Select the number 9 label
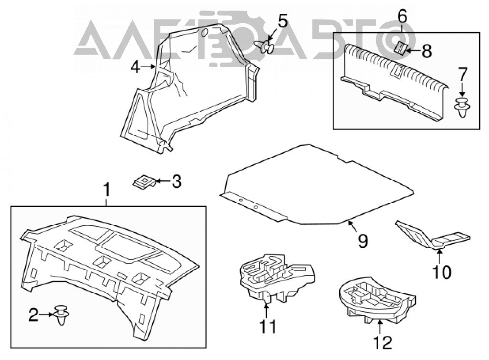(x=363, y=241)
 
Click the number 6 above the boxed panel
(x=402, y=17)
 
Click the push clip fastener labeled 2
(x=61, y=315)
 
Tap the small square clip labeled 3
(x=144, y=181)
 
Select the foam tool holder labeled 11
(x=276, y=278)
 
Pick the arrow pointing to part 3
(x=163, y=181)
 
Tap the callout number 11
(x=267, y=327)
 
